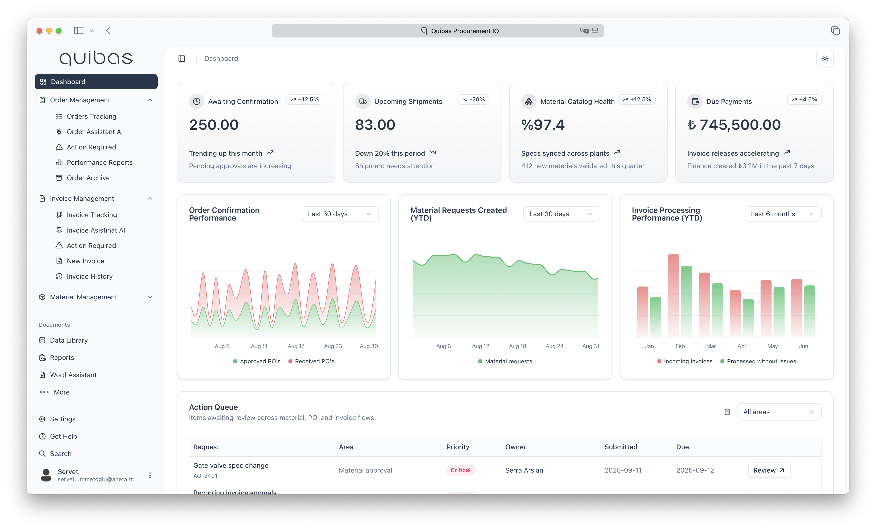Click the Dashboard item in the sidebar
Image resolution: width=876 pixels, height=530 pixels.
96,82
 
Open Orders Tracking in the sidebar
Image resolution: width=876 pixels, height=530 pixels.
91,117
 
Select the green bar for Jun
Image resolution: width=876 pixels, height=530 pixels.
809,311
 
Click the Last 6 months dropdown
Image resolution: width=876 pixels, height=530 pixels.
782,214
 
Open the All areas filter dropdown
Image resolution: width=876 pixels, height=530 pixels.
779,412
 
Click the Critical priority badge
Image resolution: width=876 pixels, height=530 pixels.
460,470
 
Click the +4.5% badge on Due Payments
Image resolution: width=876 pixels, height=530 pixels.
804,99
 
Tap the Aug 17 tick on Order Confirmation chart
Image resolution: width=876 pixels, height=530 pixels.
296,346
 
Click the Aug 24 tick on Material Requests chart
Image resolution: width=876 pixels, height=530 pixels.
554,346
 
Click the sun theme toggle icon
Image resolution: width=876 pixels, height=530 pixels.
825,58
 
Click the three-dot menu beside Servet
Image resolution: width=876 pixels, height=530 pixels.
150,475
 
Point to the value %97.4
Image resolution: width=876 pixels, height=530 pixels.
543,125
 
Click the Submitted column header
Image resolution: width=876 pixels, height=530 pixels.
621,447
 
